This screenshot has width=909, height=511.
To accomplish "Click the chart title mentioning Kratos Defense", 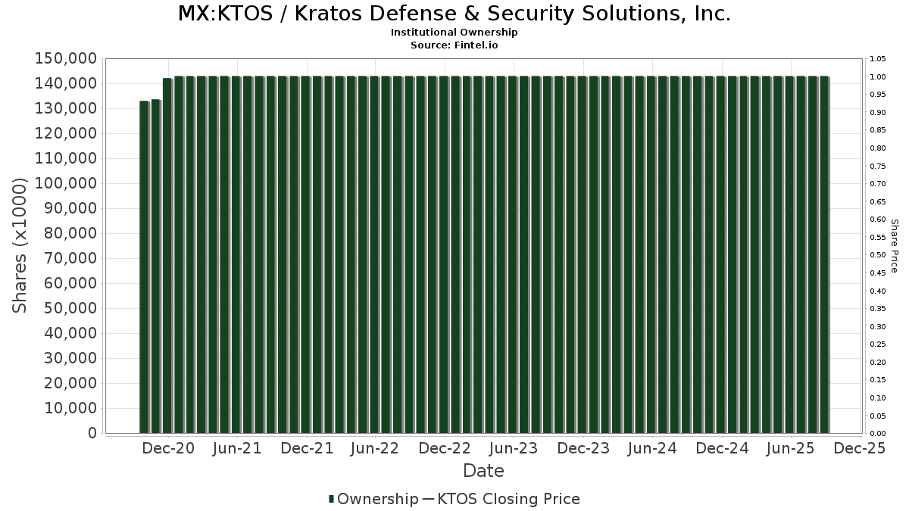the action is pos(454,14).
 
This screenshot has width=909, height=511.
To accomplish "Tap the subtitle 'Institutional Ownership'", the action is pos(454,33).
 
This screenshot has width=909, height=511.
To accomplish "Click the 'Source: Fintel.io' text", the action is pos(454,45).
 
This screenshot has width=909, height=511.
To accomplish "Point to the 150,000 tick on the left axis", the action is pos(66,59).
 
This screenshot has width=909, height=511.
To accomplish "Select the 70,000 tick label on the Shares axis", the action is pos(70,258).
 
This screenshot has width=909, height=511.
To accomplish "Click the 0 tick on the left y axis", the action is pos(92,433).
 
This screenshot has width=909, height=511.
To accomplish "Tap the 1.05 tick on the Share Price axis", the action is pos(877,59).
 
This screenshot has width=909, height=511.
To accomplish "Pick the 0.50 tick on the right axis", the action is pos(877,255).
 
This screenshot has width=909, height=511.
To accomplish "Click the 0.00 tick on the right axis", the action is pos(877,434).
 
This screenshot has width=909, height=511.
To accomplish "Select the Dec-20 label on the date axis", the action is pos(168,448).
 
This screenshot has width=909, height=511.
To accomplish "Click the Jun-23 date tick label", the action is pos(514,448).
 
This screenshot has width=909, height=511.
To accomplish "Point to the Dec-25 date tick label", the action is pos(860,448).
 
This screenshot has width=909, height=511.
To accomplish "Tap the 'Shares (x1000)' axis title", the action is pos(20,246).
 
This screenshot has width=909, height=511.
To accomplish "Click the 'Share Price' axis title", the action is pos(895,246).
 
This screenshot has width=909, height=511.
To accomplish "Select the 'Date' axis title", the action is pos(483,471).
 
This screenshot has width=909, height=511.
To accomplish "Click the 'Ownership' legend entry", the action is pos(373,499).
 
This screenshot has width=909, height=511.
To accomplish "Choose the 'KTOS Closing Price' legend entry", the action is pos(501,499).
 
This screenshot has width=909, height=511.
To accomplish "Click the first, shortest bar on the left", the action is pos(145,266).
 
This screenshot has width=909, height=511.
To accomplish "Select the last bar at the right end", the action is pos(825,254).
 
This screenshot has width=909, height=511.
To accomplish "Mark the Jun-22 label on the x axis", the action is pos(375,448).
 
